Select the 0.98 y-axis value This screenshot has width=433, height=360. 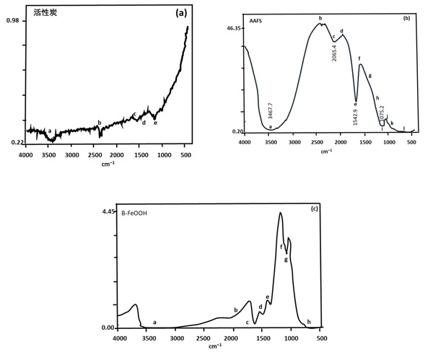click(13, 21)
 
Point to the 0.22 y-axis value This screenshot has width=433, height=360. click(13, 143)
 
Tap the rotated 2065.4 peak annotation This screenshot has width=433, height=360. click(334, 51)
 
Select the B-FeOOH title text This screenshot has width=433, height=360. click(131, 213)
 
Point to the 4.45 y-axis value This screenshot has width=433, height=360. click(108, 211)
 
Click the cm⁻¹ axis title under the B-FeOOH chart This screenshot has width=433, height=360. click(215, 347)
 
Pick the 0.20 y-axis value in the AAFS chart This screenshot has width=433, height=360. click(237, 131)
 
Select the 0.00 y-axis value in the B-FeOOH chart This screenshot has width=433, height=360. click(108, 328)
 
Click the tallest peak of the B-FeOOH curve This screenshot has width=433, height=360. click(281, 214)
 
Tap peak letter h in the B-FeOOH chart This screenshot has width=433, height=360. click(309, 322)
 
